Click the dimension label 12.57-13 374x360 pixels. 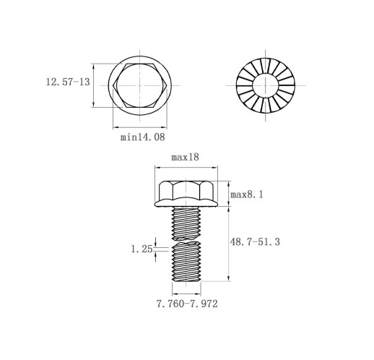coord(68,82)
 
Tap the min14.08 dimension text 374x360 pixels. coord(143,137)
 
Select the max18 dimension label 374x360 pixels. coord(185,157)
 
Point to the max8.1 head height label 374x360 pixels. coord(247,194)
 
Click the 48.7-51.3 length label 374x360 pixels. coord(255,241)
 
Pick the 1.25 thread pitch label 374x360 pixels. coord(142,249)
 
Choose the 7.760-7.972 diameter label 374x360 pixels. coord(187,304)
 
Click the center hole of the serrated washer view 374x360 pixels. coord(266,85)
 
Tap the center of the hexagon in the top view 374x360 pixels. coord(140,85)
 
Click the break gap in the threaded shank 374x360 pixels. coord(186,240)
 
